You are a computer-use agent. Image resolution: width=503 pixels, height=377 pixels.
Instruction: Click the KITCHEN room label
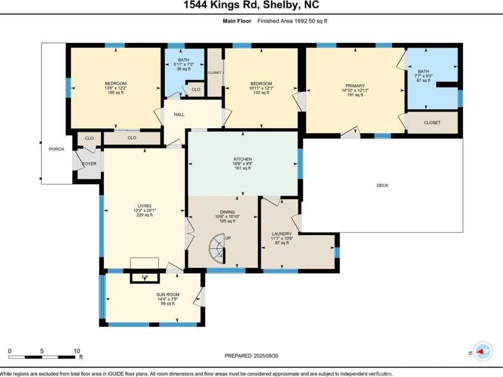(x=242, y=159)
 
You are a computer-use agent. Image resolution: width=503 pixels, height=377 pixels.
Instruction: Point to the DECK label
(x=382, y=186)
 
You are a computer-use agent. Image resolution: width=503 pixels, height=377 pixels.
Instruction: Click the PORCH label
(x=56, y=149)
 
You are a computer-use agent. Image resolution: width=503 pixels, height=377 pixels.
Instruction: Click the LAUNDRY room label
(x=282, y=234)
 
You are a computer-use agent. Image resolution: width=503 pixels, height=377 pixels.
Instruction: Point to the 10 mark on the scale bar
(x=76, y=351)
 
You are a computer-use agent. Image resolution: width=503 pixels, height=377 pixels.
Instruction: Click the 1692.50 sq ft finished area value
(x=308, y=21)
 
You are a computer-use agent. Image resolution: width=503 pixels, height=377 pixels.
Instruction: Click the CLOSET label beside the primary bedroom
(x=432, y=123)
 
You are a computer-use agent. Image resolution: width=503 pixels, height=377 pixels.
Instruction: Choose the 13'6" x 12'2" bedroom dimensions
(x=116, y=88)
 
